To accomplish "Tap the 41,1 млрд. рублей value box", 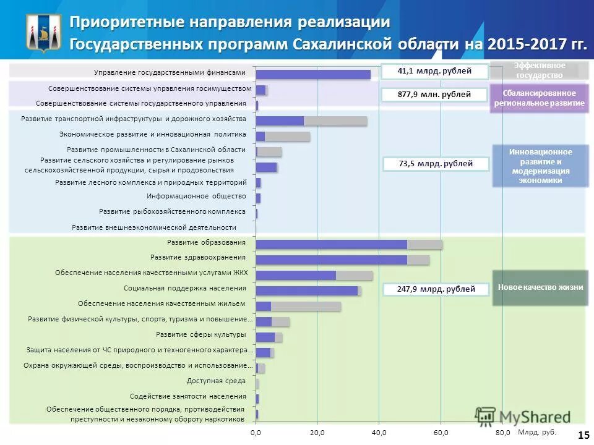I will (434, 71).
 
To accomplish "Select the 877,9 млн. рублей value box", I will (434, 95).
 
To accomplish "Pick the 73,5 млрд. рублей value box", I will (436, 164).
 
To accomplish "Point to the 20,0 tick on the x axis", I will (317, 432).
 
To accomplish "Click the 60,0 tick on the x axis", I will (441, 432).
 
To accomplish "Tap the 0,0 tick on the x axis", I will (256, 432).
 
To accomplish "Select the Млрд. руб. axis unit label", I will (536, 432).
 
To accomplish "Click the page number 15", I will (583, 435).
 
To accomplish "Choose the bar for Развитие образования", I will (349, 244).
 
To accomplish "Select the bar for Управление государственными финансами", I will (313, 74).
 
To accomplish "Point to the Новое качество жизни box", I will (540, 287).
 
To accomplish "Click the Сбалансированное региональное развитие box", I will (539, 98).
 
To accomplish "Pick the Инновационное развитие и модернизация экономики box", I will (540, 166).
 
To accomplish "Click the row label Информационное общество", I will (196, 197).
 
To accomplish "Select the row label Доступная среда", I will (216, 381).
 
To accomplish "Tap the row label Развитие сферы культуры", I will (200, 334).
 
